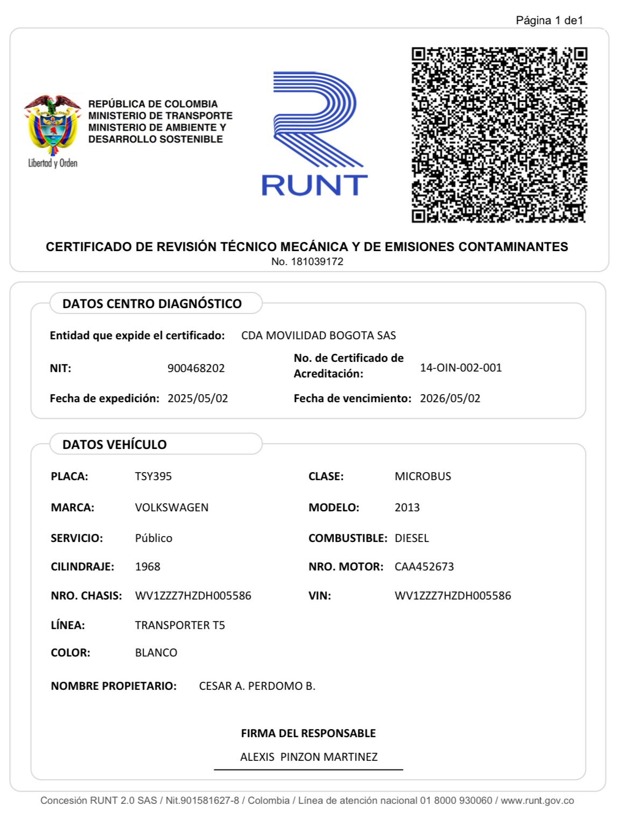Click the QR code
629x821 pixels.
click(499, 135)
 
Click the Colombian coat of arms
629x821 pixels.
click(52, 126)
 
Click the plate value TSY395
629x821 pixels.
click(153, 476)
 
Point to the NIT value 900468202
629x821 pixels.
click(196, 368)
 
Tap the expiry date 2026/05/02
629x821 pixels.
click(450, 398)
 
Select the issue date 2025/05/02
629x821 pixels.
click(197, 398)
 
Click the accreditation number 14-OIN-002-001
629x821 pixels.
click(461, 368)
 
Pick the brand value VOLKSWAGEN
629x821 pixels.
click(172, 508)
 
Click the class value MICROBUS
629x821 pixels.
click(423, 476)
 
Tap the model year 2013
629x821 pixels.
click(407, 508)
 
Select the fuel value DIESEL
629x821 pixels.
click(412, 538)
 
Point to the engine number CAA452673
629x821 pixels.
click(424, 567)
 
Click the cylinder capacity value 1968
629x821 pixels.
click(147, 567)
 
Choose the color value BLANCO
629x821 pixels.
click(156, 653)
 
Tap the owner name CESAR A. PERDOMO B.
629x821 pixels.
click(257, 686)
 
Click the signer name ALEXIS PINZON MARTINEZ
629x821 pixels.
click(309, 757)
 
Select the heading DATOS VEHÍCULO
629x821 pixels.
click(115, 445)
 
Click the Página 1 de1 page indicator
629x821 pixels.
click(549, 20)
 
